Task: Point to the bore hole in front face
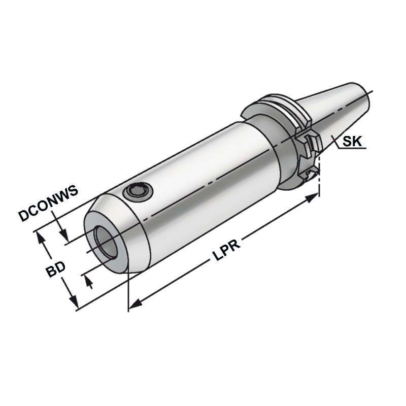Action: [106, 243]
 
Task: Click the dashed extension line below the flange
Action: [319, 183]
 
